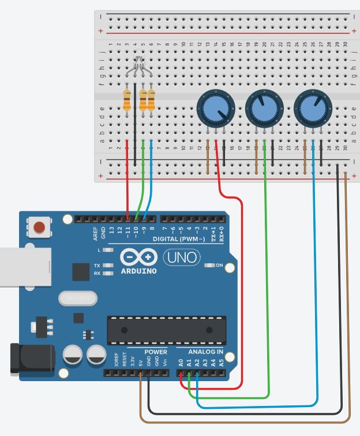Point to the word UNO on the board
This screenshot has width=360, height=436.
click(x=181, y=256)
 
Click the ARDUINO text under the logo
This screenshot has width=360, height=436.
click(x=138, y=270)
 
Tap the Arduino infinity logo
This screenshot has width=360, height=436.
click(x=138, y=256)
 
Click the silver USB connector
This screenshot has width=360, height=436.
click(x=23, y=267)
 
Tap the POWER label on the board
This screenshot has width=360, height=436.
click(x=156, y=352)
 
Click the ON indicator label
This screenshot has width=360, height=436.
click(x=219, y=266)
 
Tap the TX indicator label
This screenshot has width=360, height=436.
click(x=97, y=266)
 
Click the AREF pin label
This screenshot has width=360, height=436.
click(x=96, y=233)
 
